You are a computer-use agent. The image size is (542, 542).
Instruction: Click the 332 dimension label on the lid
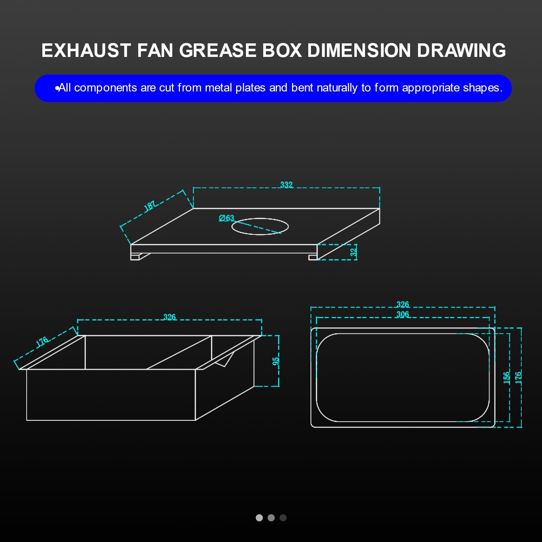point(286,185)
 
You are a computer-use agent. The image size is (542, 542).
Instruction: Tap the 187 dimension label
point(150,206)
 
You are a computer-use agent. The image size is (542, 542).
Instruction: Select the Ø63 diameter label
point(226,218)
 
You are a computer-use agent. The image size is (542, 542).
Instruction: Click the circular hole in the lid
point(260,226)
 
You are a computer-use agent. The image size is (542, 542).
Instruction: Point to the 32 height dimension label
point(353,252)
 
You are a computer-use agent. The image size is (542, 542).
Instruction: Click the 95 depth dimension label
point(276,361)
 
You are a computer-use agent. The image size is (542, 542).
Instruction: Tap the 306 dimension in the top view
point(402,314)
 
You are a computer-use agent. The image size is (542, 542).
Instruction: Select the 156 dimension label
point(506,377)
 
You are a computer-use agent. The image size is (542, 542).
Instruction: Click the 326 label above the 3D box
point(169,317)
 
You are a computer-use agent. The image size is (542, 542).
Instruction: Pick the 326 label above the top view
point(402,304)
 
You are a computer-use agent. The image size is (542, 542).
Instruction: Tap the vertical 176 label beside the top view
point(518,377)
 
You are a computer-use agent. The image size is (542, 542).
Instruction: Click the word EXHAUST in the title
point(86,50)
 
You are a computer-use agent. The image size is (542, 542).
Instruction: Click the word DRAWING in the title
point(461,50)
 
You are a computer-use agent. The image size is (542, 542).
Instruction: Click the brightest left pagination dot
point(259,518)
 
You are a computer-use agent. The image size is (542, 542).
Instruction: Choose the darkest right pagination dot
point(283,518)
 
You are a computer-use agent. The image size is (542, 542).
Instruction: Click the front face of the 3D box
point(111,395)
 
